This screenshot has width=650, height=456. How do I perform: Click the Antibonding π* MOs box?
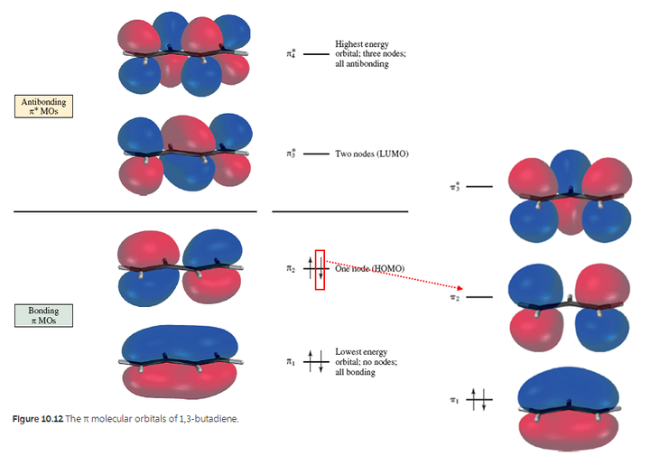pos(44,107)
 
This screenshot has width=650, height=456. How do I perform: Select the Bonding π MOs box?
pos(44,315)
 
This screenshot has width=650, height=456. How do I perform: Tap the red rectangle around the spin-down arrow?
pos(320,270)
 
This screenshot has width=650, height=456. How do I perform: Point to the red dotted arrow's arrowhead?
pos(460,288)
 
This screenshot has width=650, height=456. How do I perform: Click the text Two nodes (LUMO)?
pos(372,154)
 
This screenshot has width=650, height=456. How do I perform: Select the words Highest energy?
pos(362,44)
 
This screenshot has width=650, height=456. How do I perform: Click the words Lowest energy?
pos(361,351)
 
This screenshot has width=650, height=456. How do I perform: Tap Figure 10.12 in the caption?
pos(38,419)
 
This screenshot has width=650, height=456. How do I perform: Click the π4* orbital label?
pos(291,54)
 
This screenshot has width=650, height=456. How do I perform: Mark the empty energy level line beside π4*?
pos(316,54)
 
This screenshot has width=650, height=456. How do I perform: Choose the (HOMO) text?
pos(388,268)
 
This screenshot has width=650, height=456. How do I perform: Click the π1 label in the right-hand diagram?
pos(454,400)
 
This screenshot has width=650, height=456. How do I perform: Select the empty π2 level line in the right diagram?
pos(479,297)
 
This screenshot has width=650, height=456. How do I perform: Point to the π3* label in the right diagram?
pos(455,187)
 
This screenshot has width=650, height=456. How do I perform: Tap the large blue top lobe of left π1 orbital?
pos(180,342)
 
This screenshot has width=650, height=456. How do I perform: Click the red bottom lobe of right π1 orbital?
pos(569,431)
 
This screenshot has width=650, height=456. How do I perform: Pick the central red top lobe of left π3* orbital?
pos(189,134)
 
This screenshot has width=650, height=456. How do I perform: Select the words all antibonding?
pos(362,64)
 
